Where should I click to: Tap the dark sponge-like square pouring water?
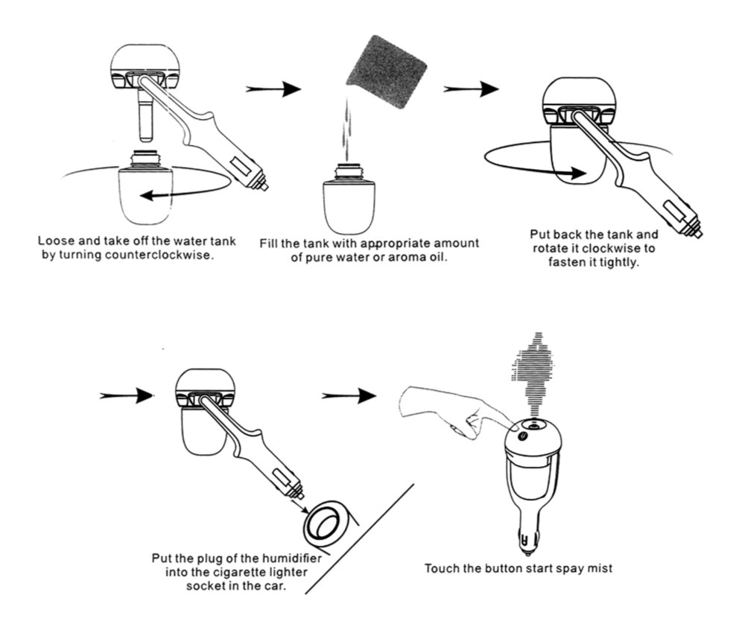[x=386, y=71]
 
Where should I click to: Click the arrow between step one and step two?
[x=273, y=89]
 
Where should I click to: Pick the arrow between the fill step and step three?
[x=471, y=89]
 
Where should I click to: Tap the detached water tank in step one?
[x=146, y=188]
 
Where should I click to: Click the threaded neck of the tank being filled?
[x=349, y=173]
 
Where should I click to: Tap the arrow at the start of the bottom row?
[x=127, y=395]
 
